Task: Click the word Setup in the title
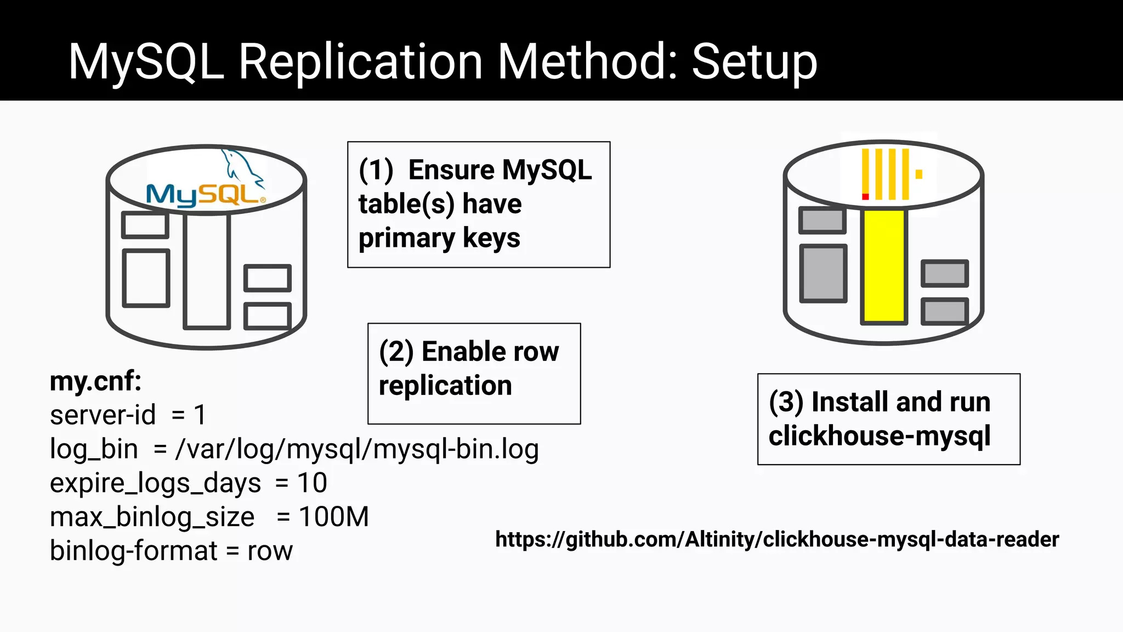click(x=755, y=61)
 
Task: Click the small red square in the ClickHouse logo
click(x=865, y=196)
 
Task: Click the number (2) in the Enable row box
click(x=396, y=352)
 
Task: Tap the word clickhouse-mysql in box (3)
click(x=879, y=436)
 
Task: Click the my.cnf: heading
click(x=95, y=381)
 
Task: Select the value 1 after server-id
click(x=200, y=415)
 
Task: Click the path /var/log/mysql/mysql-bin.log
click(x=357, y=449)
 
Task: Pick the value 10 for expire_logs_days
click(x=312, y=483)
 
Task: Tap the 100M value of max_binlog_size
click(x=334, y=517)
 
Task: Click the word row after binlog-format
click(x=270, y=551)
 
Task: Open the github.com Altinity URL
click(x=776, y=540)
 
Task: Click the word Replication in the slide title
click(x=361, y=61)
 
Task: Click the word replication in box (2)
click(x=445, y=386)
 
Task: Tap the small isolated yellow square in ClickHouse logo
click(x=919, y=174)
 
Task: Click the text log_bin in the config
click(x=94, y=449)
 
